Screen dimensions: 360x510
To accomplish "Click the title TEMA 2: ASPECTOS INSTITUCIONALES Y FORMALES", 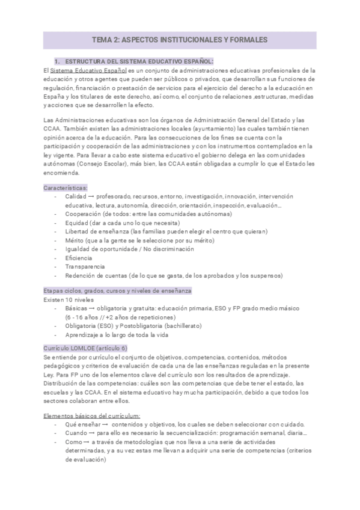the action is (180, 40).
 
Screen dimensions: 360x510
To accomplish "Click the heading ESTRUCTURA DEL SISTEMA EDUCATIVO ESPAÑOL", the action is (139, 61).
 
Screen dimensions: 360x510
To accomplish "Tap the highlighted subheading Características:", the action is (66, 188).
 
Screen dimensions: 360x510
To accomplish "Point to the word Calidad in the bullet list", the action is (77, 196).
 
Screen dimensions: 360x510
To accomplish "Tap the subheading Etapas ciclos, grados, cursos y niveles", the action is (117, 290).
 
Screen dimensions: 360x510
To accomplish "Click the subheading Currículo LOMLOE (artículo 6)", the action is (85, 348).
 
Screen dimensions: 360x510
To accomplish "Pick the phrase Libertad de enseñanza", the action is (97, 231).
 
